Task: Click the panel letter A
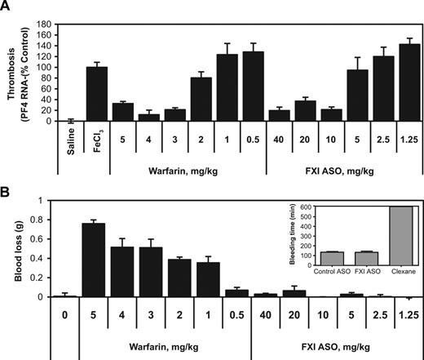[x=7, y=7]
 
